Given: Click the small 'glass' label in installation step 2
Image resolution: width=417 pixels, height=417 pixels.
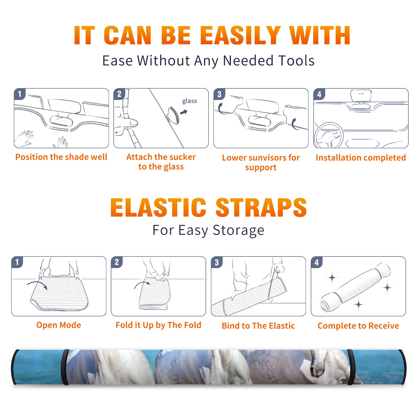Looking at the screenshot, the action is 189,101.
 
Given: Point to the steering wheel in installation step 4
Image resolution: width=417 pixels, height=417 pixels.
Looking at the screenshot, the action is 329,135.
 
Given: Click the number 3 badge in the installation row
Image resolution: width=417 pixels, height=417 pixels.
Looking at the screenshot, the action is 219,94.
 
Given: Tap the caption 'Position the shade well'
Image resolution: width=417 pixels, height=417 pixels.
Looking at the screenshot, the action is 61,157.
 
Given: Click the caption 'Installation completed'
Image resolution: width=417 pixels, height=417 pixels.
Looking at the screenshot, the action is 361,157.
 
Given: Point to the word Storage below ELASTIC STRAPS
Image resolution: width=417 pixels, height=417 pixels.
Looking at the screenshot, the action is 238,230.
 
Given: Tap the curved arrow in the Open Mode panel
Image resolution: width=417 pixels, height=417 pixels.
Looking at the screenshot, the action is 37,284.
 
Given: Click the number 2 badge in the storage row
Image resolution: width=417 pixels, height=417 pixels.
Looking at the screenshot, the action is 116,262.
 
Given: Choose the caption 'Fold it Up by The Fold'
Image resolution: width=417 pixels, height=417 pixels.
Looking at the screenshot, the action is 158,325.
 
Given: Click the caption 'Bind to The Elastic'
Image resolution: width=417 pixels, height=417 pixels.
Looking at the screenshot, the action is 258,326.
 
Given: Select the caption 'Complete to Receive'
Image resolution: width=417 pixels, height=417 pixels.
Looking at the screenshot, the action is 358,326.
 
